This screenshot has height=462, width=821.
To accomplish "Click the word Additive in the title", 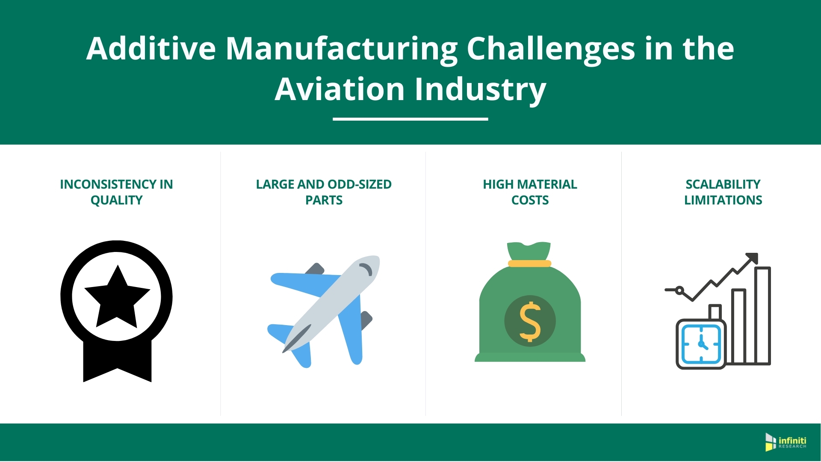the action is click(151, 48).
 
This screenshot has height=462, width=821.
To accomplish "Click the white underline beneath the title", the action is click(410, 119).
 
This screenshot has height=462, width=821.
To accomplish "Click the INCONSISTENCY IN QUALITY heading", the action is click(116, 192).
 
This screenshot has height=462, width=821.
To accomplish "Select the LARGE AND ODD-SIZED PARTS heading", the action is click(324, 192).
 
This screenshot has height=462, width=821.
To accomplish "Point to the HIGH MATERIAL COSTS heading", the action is click(530, 192).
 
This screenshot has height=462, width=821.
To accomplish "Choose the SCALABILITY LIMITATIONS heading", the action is click(723, 192).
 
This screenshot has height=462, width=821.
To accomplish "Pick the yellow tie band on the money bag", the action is click(529, 264).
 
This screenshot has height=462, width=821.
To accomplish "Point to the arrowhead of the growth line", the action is click(752, 258).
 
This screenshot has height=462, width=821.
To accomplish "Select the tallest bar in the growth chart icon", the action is click(762, 316).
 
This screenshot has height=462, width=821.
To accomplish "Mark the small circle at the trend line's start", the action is click(679, 290).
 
